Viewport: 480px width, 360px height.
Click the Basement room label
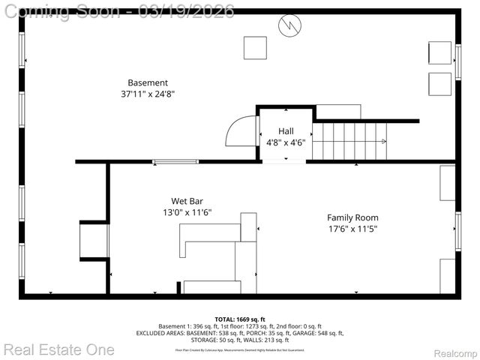[148, 82]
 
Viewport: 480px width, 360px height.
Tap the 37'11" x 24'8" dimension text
[148, 94]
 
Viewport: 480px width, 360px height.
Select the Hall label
[286, 130]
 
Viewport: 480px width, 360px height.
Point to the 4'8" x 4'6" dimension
[286, 142]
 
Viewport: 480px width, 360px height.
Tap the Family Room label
[352, 217]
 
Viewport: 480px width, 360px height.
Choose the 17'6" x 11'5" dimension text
[352, 229]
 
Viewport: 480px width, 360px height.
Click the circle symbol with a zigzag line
[289, 25]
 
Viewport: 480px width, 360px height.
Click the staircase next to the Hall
[349, 141]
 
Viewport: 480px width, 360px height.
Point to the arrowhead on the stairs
[383, 141]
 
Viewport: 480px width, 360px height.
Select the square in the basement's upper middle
[253, 47]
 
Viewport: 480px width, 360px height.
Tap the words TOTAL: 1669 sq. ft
[240, 319]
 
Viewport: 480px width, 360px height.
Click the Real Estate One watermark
[58, 349]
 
